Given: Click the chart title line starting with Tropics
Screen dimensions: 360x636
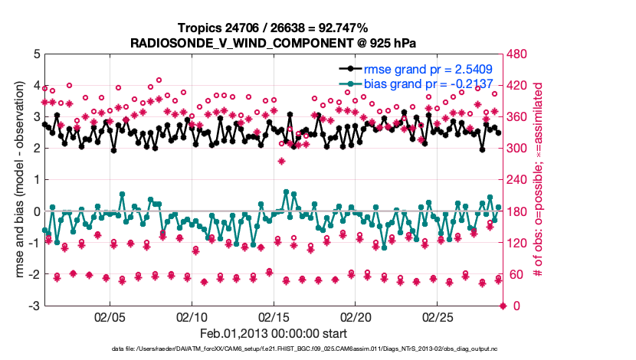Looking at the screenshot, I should point(274,29).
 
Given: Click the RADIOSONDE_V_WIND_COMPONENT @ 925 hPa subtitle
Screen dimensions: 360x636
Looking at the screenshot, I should point(274,43).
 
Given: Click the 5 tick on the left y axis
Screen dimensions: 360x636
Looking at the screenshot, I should point(36,54).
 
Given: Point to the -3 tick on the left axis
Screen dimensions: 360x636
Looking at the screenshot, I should point(33,306).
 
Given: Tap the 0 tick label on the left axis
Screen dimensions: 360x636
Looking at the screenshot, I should point(36,211).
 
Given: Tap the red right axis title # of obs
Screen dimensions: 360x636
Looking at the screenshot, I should point(539,180).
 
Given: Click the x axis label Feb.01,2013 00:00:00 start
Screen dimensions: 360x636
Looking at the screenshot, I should point(274,334).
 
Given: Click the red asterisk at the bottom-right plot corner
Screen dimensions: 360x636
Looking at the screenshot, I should point(503,306).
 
